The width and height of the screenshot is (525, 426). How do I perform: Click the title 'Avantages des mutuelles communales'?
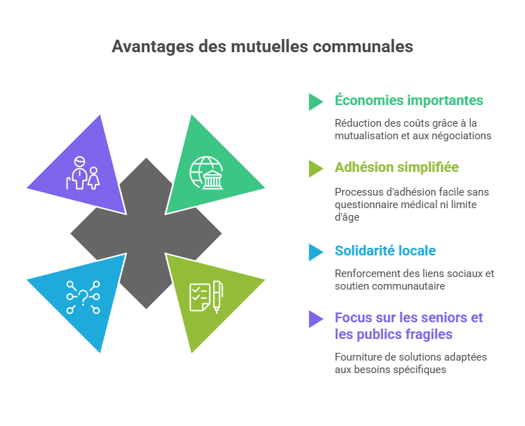(x=262, y=46)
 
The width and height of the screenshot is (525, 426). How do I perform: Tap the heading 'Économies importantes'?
(x=409, y=100)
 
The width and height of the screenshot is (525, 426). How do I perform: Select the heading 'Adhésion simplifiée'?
(x=397, y=167)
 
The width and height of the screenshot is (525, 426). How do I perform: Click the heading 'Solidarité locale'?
(x=385, y=251)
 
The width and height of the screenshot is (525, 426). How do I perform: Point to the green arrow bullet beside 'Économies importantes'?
(x=315, y=102)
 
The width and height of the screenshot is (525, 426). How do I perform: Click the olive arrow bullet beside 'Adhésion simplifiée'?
(x=315, y=168)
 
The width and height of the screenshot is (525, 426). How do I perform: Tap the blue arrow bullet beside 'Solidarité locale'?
(x=315, y=252)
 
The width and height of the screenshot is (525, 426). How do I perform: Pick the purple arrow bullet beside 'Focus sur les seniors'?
(x=315, y=319)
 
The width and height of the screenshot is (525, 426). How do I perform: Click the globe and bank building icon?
(x=207, y=173)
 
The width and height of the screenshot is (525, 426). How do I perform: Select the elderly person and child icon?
(x=83, y=173)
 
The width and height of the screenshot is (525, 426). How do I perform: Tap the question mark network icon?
(x=83, y=297)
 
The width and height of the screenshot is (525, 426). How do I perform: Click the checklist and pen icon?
(x=206, y=297)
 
